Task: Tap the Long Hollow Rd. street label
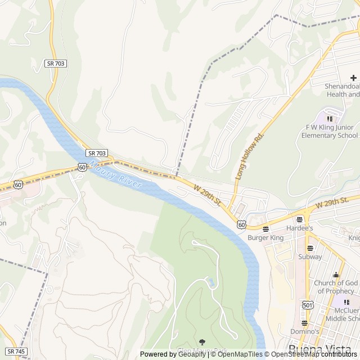[250, 156]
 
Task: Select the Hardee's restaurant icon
[299, 219]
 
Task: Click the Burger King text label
[265, 237]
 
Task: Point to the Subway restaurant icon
[310, 248]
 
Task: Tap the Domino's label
[304, 331]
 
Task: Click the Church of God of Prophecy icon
[336, 274]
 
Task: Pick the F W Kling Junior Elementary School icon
[330, 119]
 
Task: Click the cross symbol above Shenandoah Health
[353, 78]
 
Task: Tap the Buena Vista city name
[318, 348]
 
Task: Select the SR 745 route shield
[17, 351]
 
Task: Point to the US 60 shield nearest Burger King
[241, 224]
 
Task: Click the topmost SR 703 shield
[56, 64]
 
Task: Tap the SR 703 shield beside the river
[97, 153]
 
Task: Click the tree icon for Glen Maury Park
[202, 342]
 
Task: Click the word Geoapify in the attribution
[192, 354]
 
